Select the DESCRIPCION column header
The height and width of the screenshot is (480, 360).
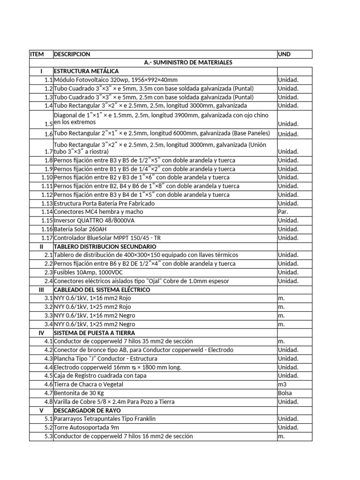click(72, 54)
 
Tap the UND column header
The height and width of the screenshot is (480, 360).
click(284, 54)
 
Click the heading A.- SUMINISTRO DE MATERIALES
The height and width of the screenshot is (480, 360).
click(187, 62)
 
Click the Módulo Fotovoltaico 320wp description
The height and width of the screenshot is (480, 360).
click(116, 80)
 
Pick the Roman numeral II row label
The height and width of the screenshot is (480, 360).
click(41, 246)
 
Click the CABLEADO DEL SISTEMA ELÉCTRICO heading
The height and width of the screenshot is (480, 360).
click(102, 290)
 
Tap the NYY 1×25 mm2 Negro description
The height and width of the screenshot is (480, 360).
click(95, 324)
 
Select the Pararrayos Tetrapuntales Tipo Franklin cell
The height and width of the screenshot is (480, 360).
click(105, 419)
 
